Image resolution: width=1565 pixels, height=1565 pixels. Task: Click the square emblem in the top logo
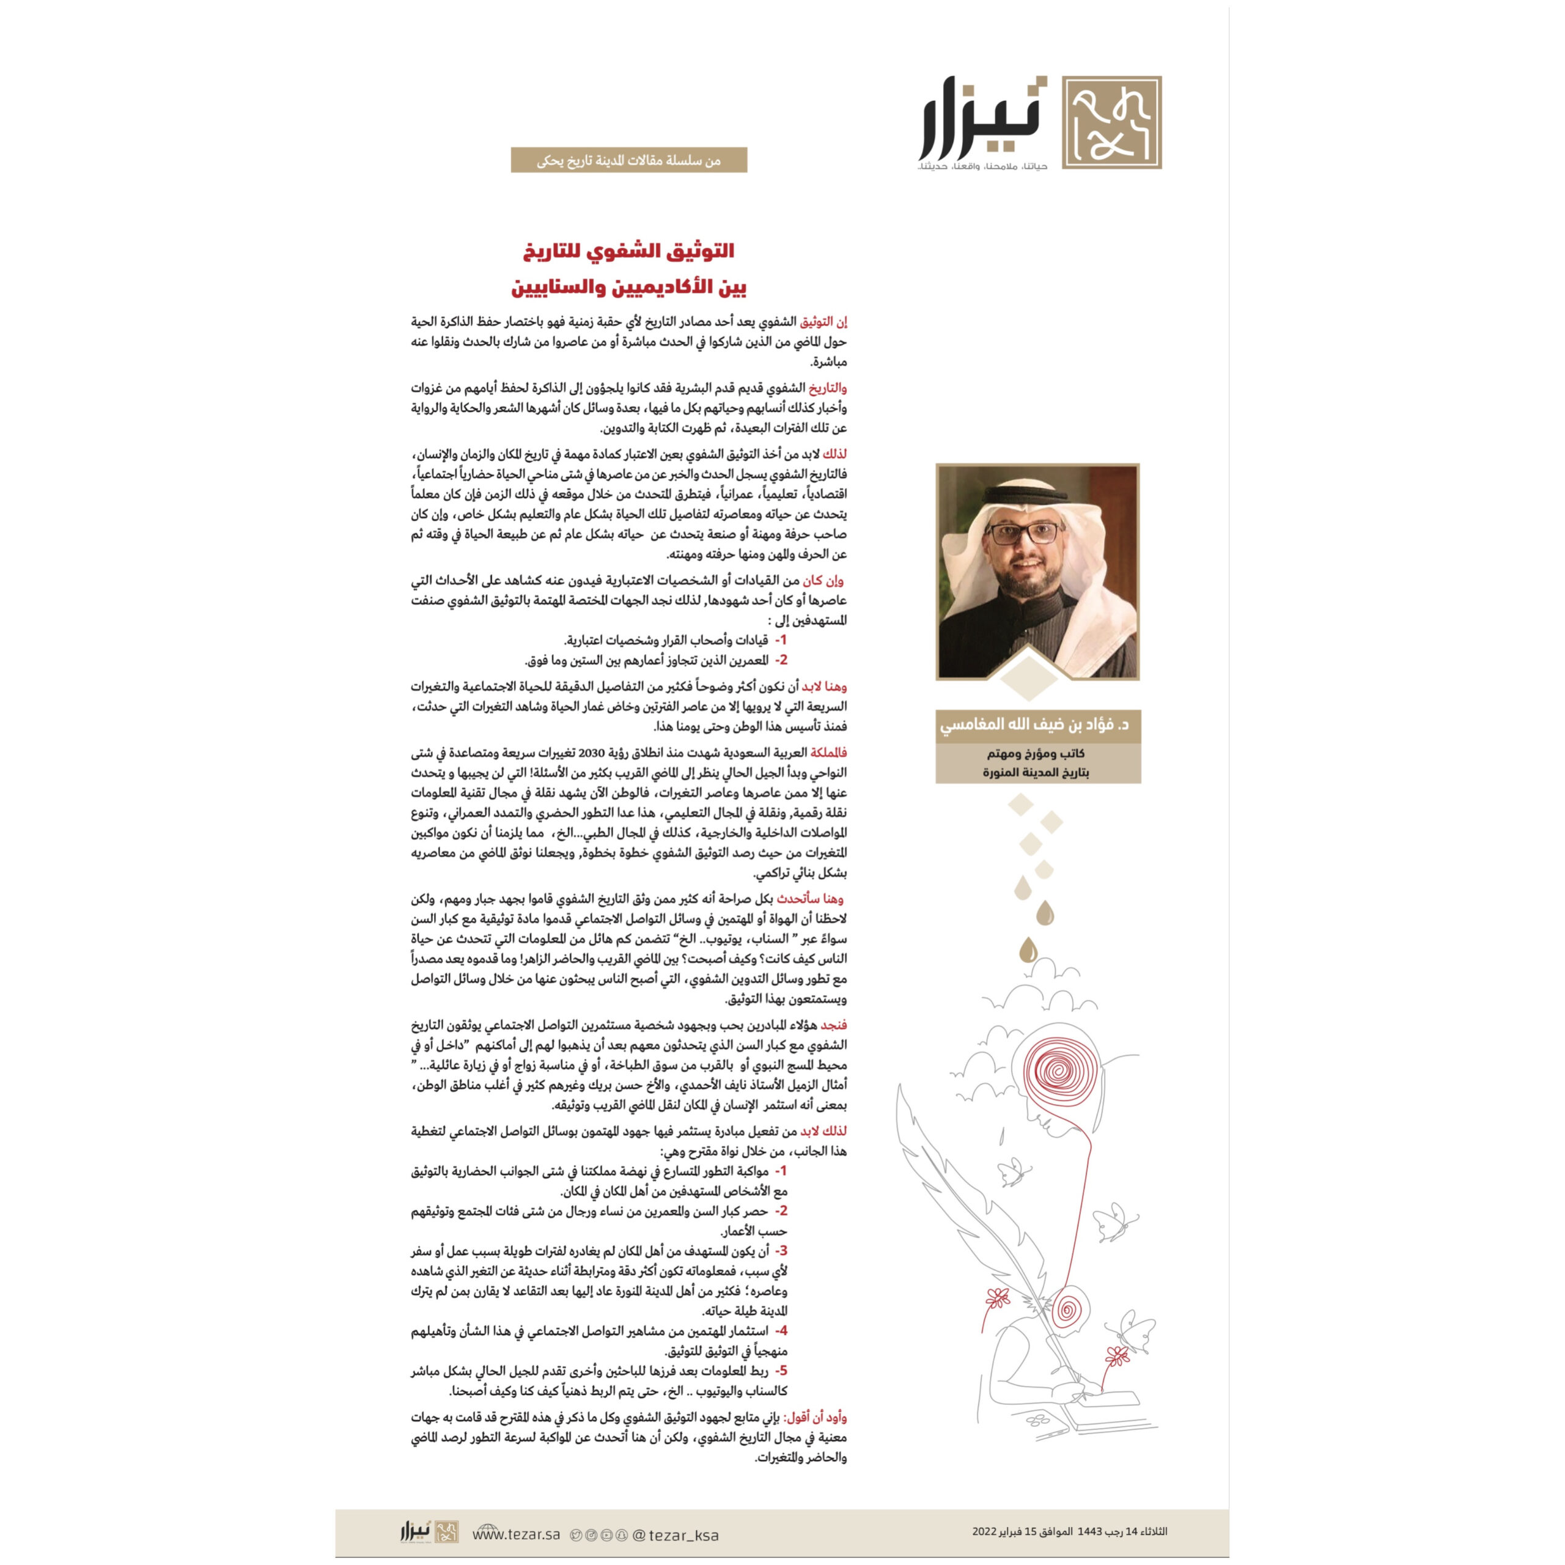1111,123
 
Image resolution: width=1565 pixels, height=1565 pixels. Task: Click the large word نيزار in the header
982,120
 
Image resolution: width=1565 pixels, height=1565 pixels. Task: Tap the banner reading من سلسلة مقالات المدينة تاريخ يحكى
628,160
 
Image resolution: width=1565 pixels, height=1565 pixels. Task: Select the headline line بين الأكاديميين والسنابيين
628,287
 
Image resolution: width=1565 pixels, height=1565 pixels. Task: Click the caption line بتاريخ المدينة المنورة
1036,773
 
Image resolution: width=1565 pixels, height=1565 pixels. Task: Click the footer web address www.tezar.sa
516,1534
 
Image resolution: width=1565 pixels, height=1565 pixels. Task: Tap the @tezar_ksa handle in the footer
675,1535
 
